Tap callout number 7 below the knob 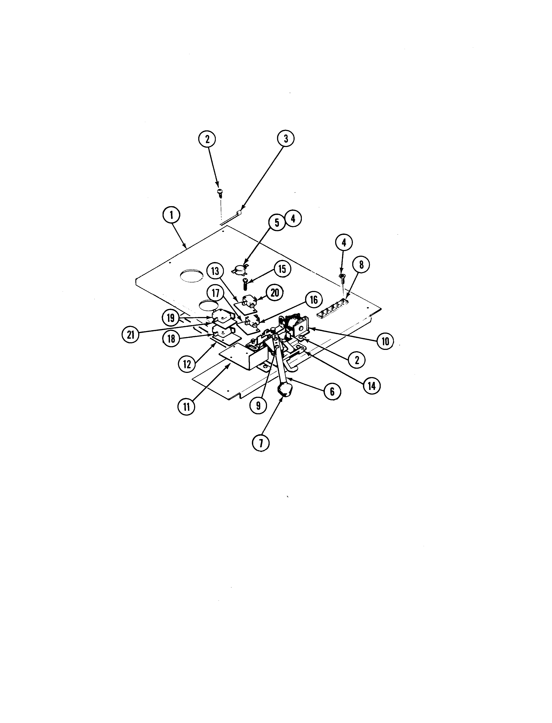click(261, 443)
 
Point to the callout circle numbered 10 click(386, 341)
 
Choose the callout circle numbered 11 click(186, 407)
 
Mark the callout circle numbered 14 click(372, 386)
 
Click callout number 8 click(361, 265)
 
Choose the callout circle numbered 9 click(258, 406)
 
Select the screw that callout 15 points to click(244, 284)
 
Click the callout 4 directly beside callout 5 click(293, 219)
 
